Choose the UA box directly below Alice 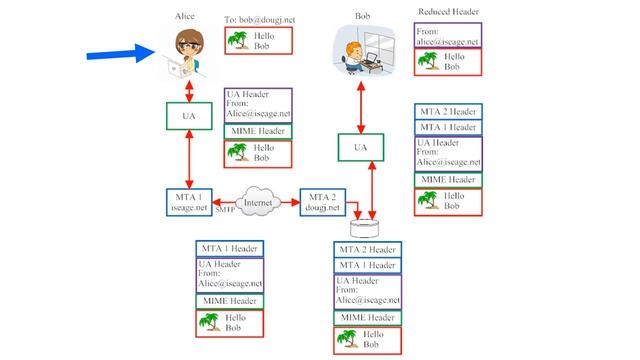188,116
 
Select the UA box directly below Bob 362,148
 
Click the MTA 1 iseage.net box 190,201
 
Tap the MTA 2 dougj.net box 325,201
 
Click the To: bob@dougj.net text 257,19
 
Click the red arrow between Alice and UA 189,88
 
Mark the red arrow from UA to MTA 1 189,159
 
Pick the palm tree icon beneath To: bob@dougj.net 239,41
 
